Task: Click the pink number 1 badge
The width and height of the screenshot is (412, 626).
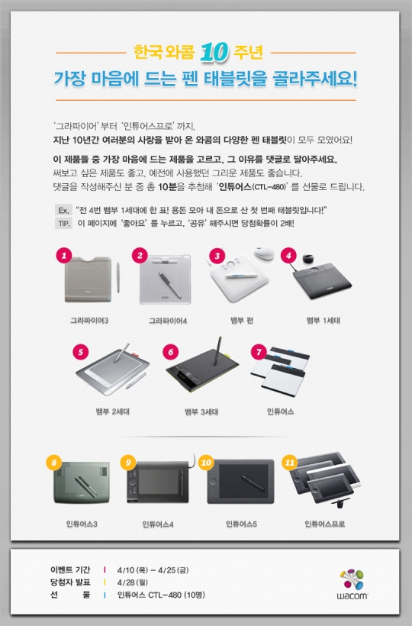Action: tap(65, 255)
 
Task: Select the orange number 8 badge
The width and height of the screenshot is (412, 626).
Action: tap(53, 462)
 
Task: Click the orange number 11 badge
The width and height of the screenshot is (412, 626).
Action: tap(289, 462)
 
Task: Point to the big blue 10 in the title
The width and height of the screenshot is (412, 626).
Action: tap(211, 53)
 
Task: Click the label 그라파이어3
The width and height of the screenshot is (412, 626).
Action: tap(90, 321)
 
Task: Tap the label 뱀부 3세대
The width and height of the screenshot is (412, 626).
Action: tap(201, 411)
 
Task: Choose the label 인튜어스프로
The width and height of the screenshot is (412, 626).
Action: tap(324, 524)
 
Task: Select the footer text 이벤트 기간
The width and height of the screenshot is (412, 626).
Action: tap(70, 570)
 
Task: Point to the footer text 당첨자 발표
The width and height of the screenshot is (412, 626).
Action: tap(70, 582)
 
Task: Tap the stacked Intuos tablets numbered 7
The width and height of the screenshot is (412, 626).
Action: tap(279, 374)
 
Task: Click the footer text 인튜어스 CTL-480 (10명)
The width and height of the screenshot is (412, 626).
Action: tap(161, 595)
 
